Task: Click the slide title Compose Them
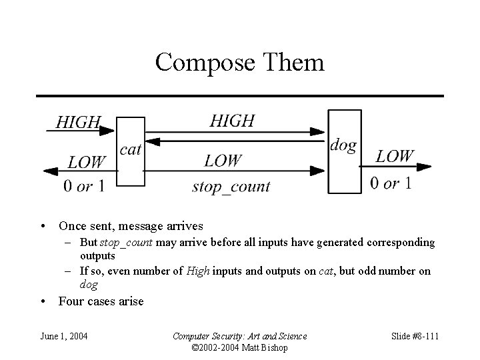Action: point(239,63)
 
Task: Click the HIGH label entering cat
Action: point(78,122)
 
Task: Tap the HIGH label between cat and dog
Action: point(232,121)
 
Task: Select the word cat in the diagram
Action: point(130,149)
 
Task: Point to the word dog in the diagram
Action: point(343,145)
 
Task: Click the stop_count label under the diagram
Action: point(231,186)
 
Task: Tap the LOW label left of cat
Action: point(87,161)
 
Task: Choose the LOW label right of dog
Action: point(395,156)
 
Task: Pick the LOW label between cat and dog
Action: point(223,160)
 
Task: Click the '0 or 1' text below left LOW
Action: point(84,186)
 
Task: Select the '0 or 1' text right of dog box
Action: point(391,183)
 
